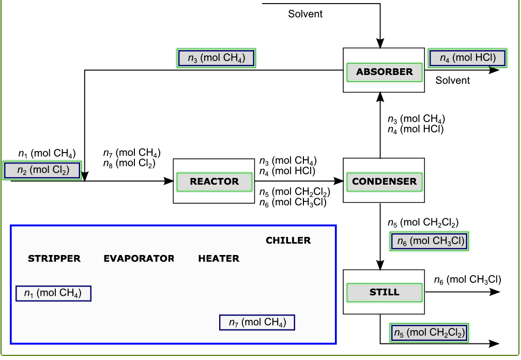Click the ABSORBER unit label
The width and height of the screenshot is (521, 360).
point(384,72)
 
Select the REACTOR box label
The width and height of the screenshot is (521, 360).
point(214,182)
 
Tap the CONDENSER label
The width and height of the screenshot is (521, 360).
point(384,182)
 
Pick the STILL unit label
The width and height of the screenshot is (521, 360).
point(384,292)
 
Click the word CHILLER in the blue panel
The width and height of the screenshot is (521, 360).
point(288,241)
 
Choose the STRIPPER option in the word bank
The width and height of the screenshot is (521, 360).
point(54,259)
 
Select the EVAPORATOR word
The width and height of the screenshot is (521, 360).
point(139,259)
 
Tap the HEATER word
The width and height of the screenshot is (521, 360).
point(219,259)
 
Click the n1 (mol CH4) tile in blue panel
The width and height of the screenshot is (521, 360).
point(53,294)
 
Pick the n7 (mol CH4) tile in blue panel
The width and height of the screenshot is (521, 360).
point(257,323)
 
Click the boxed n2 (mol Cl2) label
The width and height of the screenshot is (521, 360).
point(43,170)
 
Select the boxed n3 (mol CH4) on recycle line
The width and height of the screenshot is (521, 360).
point(216,58)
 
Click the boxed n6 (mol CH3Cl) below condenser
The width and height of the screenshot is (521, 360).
point(430,241)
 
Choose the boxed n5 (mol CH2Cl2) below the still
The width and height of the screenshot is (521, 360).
point(430,333)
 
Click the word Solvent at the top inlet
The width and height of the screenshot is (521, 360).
point(305,14)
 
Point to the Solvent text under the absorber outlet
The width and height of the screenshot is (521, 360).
point(452,80)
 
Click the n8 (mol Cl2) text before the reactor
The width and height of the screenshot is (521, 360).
point(129,163)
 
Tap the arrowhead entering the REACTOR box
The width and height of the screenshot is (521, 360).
point(168,181)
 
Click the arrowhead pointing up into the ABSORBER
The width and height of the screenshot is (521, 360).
point(380,97)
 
